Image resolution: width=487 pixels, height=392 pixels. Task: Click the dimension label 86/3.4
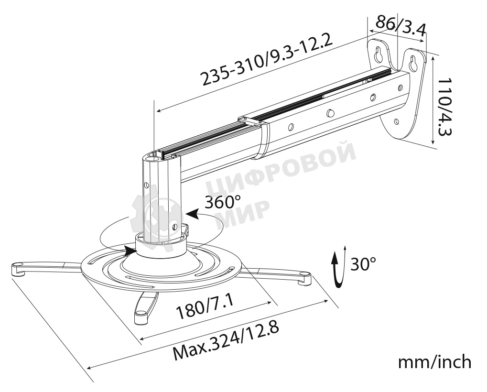(401, 27)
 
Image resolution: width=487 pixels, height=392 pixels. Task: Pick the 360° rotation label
(223, 202)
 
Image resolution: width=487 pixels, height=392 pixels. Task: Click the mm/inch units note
(435, 362)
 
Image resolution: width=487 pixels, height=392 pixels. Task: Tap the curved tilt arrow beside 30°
(338, 270)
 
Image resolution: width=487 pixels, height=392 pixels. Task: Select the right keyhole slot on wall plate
(412, 62)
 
